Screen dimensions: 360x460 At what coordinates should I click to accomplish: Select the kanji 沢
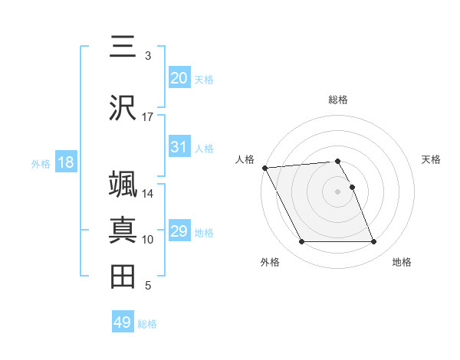coord(123,107)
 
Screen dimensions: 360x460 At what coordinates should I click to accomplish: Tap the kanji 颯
coord(123,185)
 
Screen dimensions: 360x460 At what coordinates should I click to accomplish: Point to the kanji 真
coord(123,231)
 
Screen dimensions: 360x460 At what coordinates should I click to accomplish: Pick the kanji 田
coord(123,277)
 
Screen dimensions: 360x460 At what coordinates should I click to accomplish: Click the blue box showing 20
coord(179,78)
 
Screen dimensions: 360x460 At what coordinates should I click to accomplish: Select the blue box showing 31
coord(179,147)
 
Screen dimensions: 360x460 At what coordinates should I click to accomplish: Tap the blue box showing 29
coord(179,231)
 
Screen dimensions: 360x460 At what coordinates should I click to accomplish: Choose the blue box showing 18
coord(64,162)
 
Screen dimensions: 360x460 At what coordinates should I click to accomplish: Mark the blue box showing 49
coord(123,322)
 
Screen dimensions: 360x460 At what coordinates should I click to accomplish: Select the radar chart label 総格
coord(338,100)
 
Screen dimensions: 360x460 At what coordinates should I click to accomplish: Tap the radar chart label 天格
coord(431,159)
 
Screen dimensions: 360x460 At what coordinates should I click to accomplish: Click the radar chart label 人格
coord(245,159)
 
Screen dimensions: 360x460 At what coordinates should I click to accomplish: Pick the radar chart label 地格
coord(402,262)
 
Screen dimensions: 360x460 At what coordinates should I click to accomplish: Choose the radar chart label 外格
coord(270,262)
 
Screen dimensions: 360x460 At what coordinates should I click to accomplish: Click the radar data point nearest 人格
coord(264,168)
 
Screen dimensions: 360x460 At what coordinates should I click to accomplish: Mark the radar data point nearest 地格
coord(373,242)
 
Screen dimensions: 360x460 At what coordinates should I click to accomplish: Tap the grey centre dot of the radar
coord(338,191)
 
